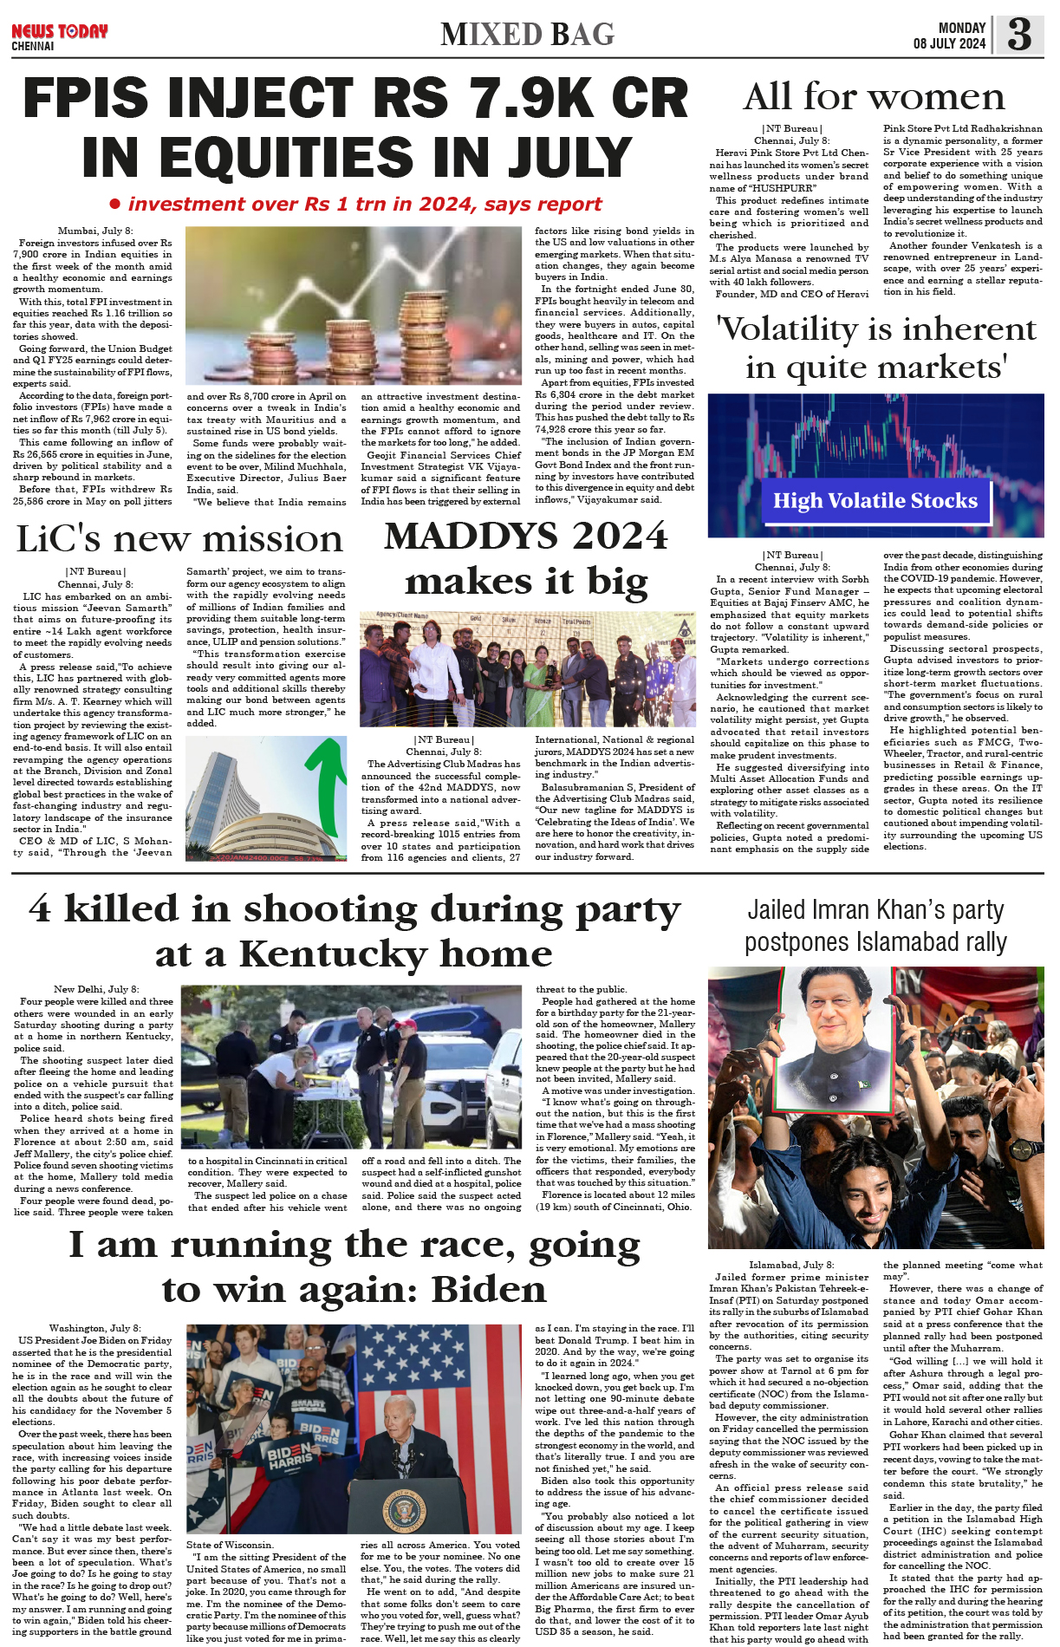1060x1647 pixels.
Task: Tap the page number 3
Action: coord(1019,35)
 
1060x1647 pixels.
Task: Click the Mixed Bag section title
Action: coord(527,35)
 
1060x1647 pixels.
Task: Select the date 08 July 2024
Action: coord(949,43)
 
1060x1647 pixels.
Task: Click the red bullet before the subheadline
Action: coord(115,205)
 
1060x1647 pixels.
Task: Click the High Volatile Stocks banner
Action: coord(875,501)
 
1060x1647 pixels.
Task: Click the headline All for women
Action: coord(874,96)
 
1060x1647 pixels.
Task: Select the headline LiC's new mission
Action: coord(179,539)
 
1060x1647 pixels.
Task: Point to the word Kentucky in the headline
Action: coord(332,954)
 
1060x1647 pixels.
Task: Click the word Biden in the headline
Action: coord(489,1290)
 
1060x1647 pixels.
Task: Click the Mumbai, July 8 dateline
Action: coord(95,231)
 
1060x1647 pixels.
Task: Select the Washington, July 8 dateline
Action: coord(94,1328)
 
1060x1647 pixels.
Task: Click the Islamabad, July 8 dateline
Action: coord(791,1266)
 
